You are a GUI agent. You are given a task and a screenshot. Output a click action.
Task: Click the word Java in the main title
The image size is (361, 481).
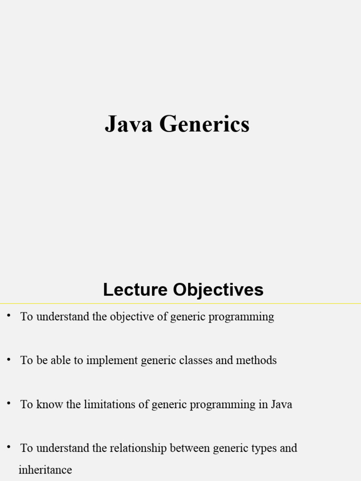(129, 124)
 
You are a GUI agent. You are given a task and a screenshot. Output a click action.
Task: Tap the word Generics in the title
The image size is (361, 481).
(204, 124)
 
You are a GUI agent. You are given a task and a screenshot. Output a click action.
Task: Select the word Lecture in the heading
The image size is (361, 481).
(135, 289)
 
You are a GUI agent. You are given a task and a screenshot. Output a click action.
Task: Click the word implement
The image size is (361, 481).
(112, 360)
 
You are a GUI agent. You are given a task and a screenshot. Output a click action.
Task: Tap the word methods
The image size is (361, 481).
(256, 360)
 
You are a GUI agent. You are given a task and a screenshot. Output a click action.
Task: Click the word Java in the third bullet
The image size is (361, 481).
(281, 404)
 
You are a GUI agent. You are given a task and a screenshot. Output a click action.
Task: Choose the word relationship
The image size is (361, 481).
(138, 448)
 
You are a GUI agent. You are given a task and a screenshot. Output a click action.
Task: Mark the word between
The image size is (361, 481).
(190, 448)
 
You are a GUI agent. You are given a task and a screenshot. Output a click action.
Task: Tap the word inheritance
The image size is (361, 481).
(46, 470)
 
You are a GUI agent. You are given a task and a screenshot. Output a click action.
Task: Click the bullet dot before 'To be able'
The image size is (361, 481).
(8, 359)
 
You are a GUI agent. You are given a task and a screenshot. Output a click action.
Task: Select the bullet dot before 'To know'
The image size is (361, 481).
(8, 403)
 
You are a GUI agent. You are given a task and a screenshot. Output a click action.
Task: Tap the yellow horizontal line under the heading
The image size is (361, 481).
(180, 304)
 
